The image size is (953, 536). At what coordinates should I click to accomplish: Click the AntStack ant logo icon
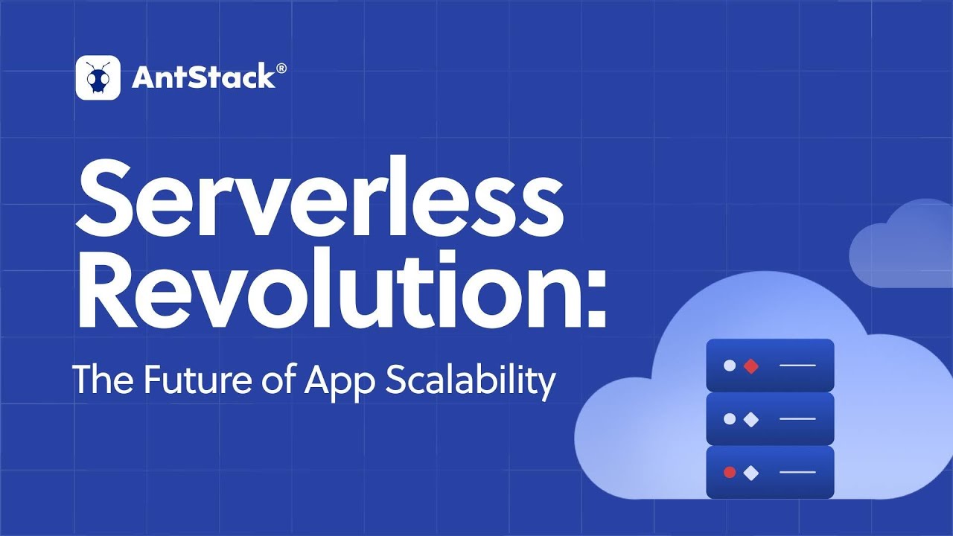coord(98,77)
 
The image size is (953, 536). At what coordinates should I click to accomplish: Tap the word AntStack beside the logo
coord(203,77)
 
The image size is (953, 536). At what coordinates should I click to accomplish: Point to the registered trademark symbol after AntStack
coord(281,68)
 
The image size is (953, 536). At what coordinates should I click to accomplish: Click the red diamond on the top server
coord(751,366)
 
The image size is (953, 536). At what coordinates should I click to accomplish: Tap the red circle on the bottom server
coord(730,472)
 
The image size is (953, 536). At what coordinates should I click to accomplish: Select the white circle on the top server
coord(730,366)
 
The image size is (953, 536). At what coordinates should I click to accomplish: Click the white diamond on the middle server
coord(751,419)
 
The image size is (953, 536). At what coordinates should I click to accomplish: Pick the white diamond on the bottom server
coord(751,472)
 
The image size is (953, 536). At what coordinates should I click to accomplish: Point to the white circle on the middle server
coord(730,419)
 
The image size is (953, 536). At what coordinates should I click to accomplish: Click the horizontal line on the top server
coord(797,366)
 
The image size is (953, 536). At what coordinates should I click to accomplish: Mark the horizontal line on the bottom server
coord(797,472)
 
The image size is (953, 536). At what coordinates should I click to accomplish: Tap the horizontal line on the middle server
coord(797,419)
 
